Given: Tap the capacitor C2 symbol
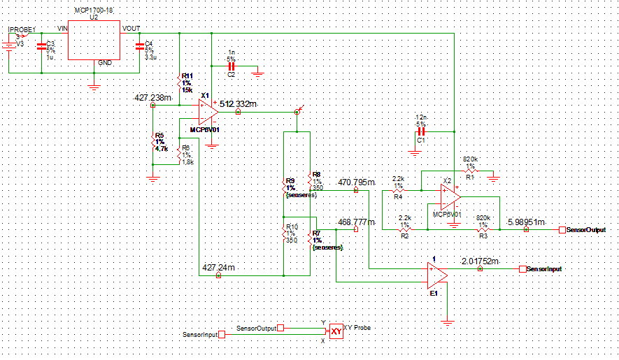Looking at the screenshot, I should [232, 66].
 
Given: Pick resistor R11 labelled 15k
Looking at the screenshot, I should [180, 83].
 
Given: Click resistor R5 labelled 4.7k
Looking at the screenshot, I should [153, 144].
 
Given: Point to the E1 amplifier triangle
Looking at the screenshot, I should [437, 275].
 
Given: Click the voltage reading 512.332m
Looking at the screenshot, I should [238, 104].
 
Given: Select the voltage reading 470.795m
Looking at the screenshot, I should [356, 182].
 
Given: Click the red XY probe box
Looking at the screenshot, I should [336, 331].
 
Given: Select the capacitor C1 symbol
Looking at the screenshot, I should [421, 131].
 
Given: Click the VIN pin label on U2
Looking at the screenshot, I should [62, 29].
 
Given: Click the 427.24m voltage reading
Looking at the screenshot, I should [218, 268].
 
